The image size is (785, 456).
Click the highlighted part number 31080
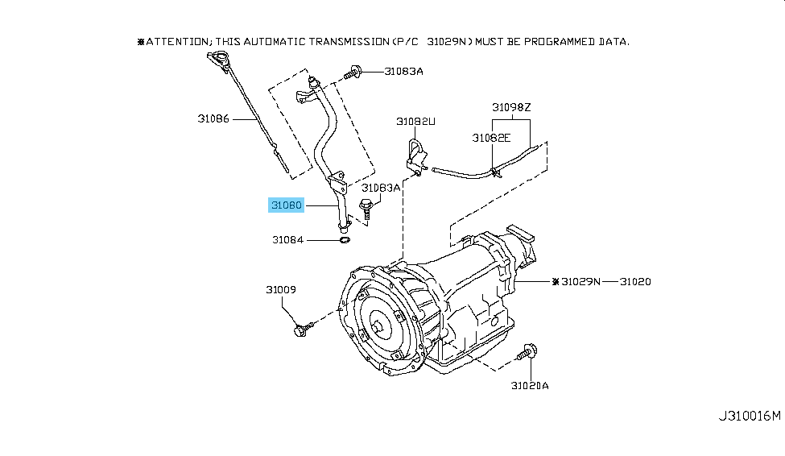coord(286,205)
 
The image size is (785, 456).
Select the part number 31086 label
coord(213,118)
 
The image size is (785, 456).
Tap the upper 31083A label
coord(403,71)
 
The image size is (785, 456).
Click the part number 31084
coord(287,239)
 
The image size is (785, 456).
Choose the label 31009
coord(282,289)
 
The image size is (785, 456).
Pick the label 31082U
coord(415,122)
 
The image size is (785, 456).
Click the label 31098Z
coord(512,106)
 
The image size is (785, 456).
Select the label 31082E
coord(491,138)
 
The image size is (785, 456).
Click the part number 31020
coord(635,282)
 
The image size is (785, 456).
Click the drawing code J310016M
coord(750,416)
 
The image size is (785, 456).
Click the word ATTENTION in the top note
coord(177,41)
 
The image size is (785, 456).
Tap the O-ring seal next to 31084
coord(343,239)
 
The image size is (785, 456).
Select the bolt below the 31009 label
coord(302,328)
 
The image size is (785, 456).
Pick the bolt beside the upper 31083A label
coord(352,73)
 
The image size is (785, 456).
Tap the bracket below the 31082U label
coord(416,157)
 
